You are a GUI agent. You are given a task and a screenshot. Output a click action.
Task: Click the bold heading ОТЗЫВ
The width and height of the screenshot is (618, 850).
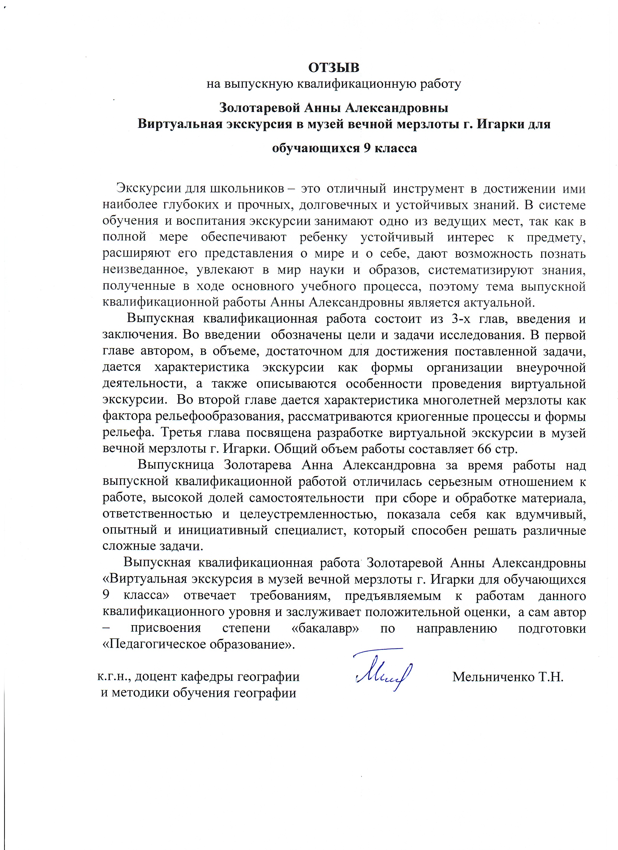click(x=334, y=68)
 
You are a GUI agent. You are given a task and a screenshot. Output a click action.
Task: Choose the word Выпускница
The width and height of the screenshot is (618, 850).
click(x=176, y=465)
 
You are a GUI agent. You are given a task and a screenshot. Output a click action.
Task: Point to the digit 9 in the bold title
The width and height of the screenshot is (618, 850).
click(x=367, y=148)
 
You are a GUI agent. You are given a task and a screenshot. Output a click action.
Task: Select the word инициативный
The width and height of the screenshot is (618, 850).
click(x=223, y=530)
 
